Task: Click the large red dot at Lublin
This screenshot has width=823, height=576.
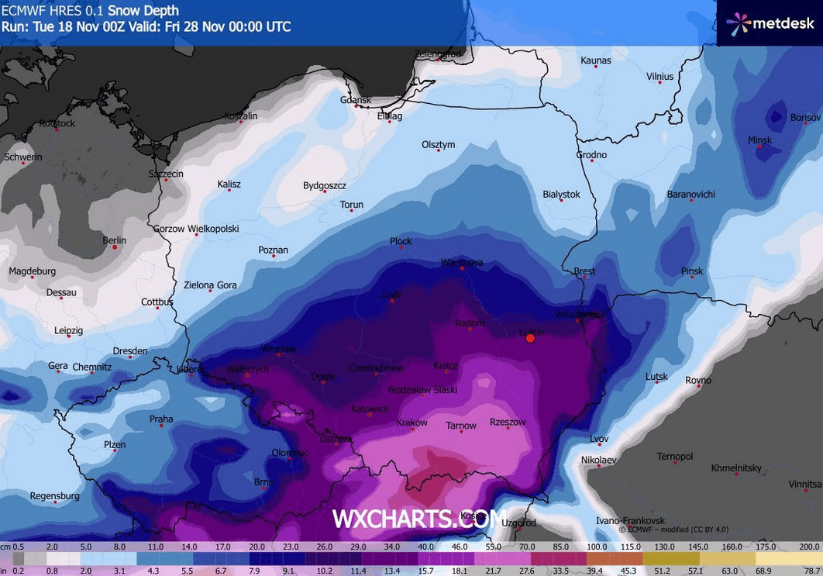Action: tap(530, 338)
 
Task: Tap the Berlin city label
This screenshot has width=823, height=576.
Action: tap(114, 240)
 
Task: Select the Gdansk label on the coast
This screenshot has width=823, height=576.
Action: tap(356, 100)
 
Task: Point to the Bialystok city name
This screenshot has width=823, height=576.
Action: tap(561, 195)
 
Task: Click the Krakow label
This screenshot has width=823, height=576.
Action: tap(411, 423)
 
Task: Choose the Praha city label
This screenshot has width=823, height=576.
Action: tap(161, 419)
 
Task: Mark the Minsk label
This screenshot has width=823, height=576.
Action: tap(759, 140)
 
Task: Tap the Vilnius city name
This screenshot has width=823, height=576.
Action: tap(659, 77)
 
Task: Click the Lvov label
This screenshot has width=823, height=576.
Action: tap(599, 439)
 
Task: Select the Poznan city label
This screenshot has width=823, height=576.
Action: tap(273, 250)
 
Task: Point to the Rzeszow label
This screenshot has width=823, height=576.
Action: tap(508, 423)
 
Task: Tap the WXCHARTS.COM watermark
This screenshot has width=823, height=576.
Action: tap(419, 519)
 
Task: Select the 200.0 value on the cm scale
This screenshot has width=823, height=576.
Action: tap(809, 547)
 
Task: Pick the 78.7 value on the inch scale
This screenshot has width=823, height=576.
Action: tap(812, 571)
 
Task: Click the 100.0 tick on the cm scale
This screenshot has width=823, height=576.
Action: tap(597, 547)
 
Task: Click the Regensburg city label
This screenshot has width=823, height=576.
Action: tap(54, 496)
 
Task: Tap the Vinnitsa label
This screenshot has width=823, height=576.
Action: tap(804, 485)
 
